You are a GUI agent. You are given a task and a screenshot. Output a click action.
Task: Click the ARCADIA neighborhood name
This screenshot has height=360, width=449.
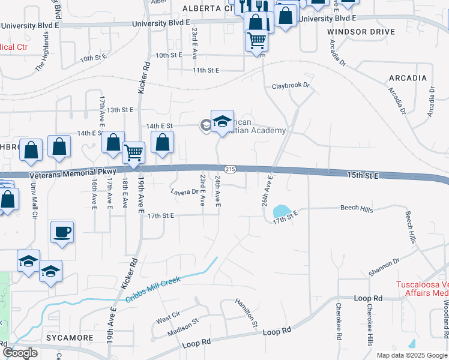point(408,78)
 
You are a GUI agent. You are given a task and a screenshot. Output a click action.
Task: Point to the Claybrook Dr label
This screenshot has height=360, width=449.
point(291,86)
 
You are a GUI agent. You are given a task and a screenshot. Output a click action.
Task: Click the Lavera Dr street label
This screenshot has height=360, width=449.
point(184,192)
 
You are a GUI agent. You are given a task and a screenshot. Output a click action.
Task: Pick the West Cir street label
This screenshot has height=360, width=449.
point(168,314)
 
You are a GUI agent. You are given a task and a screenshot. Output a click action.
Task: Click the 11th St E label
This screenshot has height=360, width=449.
point(206,70)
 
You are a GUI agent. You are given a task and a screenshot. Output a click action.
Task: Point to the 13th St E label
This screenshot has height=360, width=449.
point(120,110)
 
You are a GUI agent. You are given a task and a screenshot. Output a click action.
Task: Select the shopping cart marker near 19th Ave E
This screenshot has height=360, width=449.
point(134,152)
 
